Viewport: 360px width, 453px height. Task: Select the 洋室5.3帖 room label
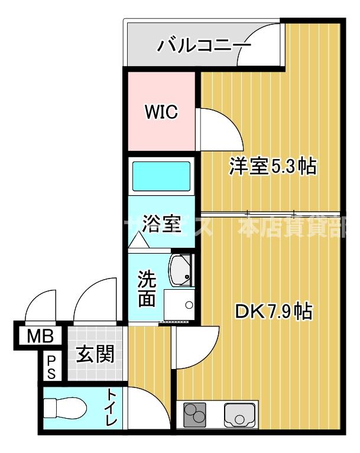click(273, 167)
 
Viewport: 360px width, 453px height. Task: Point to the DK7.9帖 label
click(274, 312)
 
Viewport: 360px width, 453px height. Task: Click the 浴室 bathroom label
click(161, 225)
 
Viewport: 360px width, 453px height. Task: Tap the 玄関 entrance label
click(95, 355)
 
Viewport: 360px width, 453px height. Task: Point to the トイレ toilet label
click(112, 408)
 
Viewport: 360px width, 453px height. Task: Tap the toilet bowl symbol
click(65, 407)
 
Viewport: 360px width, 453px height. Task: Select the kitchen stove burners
click(196, 413)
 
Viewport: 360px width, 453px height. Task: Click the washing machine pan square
click(180, 306)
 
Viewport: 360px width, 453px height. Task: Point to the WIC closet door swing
click(218, 127)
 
